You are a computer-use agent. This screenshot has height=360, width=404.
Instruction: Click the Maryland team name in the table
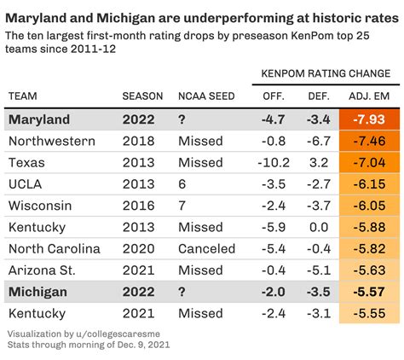39,119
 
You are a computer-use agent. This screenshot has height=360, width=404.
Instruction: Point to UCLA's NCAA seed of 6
182,183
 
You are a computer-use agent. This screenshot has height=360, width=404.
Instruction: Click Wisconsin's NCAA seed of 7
182,206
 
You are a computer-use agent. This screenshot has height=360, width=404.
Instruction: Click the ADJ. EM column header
372,96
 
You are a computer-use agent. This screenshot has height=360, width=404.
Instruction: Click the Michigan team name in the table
38,292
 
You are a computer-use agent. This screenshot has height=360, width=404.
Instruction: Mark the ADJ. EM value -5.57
372,292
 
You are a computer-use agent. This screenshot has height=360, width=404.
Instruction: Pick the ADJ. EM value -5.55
372,313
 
